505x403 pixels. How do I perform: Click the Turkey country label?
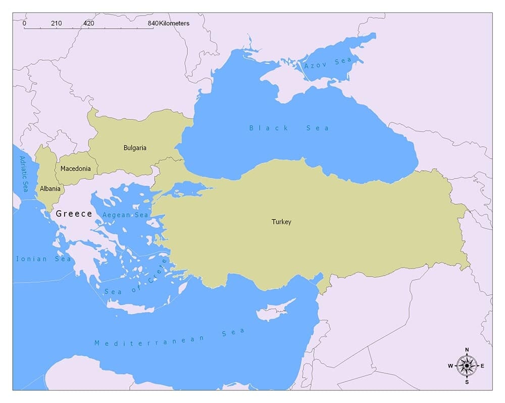pyautogui.click(x=281, y=221)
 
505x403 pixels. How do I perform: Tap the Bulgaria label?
pyautogui.click(x=135, y=148)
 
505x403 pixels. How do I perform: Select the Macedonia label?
pyautogui.click(x=76, y=169)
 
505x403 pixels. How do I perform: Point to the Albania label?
pyautogui.click(x=50, y=189)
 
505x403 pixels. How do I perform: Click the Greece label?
pyautogui.click(x=74, y=214)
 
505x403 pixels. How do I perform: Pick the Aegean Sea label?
pyautogui.click(x=125, y=215)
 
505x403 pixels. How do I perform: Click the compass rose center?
pyautogui.click(x=467, y=365)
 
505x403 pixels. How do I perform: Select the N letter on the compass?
pyautogui.click(x=467, y=350)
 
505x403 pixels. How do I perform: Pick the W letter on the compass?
pyautogui.click(x=450, y=366)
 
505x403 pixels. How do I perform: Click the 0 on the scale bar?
pyautogui.click(x=24, y=23)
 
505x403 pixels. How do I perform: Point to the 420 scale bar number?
pyautogui.click(x=88, y=23)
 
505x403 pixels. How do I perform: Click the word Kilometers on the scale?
pyautogui.click(x=174, y=23)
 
